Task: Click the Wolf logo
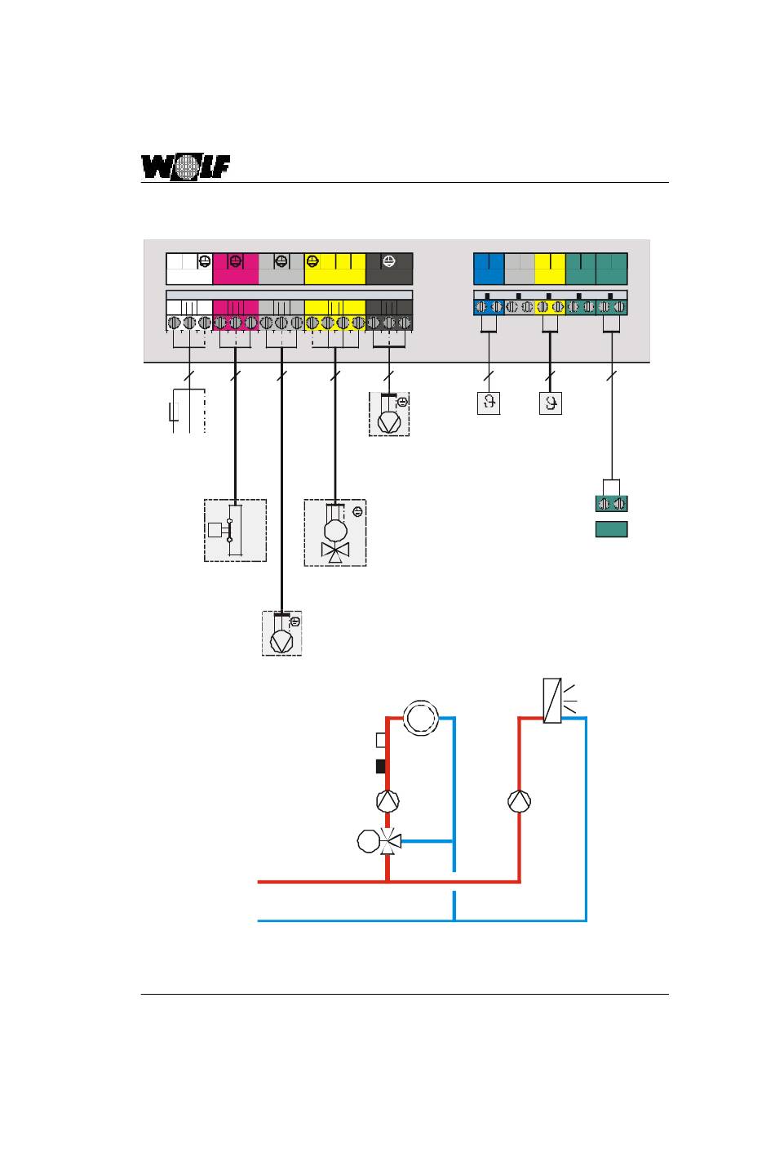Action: pyautogui.click(x=185, y=167)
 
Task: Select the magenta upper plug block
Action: pyautogui.click(x=236, y=269)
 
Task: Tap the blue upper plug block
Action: pyautogui.click(x=489, y=269)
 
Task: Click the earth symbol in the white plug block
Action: pyautogui.click(x=205, y=261)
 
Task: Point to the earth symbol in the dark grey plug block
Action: pyautogui.click(x=389, y=261)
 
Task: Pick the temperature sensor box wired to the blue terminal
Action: pyautogui.click(x=489, y=403)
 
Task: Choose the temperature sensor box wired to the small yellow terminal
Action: pyautogui.click(x=551, y=403)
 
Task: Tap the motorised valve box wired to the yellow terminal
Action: pyautogui.click(x=335, y=532)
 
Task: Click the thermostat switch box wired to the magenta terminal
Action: pyautogui.click(x=236, y=530)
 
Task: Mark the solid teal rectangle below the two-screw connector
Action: pyautogui.click(x=611, y=529)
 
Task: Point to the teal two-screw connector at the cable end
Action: pyautogui.click(x=611, y=503)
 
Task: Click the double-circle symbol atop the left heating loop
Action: pyautogui.click(x=421, y=718)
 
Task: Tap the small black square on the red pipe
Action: pyautogui.click(x=380, y=766)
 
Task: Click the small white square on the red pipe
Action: pyautogui.click(x=380, y=741)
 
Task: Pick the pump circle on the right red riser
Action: pyautogui.click(x=520, y=801)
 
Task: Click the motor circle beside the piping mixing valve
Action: pyautogui.click(x=368, y=841)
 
